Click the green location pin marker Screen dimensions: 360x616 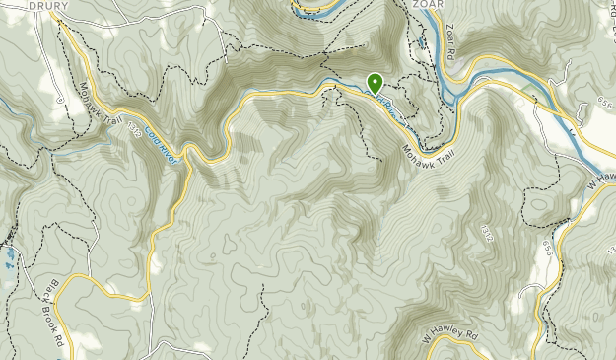(375, 83)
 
